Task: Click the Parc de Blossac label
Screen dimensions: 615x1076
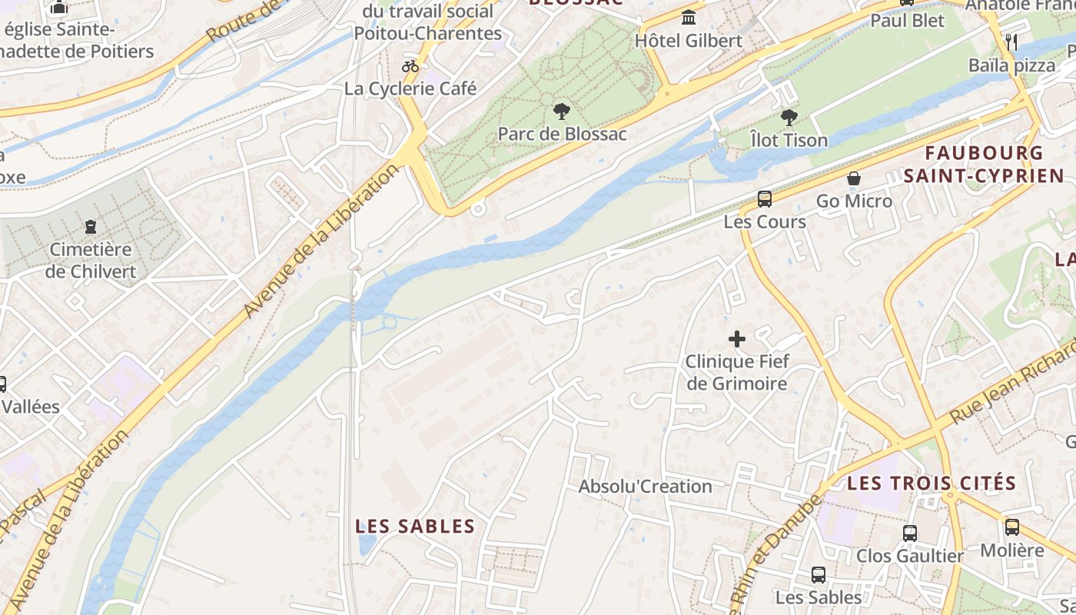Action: [562, 134]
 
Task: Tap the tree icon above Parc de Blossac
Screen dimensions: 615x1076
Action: [562, 111]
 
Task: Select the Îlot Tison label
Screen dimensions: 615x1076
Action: [789, 140]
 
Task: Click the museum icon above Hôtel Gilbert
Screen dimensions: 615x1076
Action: [689, 17]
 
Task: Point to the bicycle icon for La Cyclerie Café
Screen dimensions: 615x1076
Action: [410, 66]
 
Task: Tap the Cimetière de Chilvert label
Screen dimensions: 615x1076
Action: [91, 261]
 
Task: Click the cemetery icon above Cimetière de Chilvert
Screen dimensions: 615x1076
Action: [91, 227]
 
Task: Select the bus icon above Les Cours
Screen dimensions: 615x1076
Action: [765, 199]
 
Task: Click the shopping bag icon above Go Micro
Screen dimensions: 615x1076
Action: [854, 178]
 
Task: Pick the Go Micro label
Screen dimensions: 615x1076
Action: [854, 201]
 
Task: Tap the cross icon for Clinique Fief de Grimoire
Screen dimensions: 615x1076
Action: [737, 338]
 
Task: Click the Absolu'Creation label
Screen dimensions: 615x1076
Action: [645, 487]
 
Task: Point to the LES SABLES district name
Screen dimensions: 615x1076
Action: [415, 527]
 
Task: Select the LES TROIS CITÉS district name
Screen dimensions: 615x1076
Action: [932, 484]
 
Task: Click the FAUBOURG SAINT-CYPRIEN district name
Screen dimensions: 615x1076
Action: [984, 165]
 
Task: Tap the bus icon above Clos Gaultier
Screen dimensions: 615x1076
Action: [910, 533]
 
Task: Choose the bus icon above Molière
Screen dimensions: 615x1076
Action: [1012, 527]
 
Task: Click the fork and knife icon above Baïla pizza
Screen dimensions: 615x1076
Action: [1011, 42]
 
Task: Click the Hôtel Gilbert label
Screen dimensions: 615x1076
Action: [689, 41]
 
